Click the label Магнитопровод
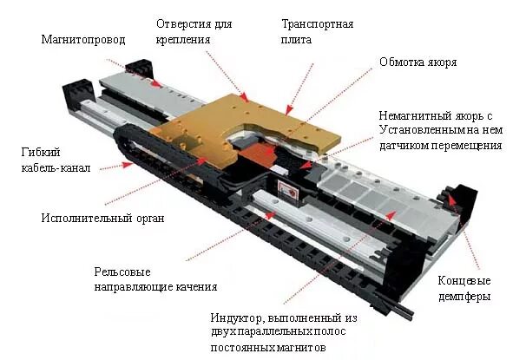[x=83, y=40]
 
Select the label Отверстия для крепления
[x=195, y=30]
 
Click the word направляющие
[x=130, y=286]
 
